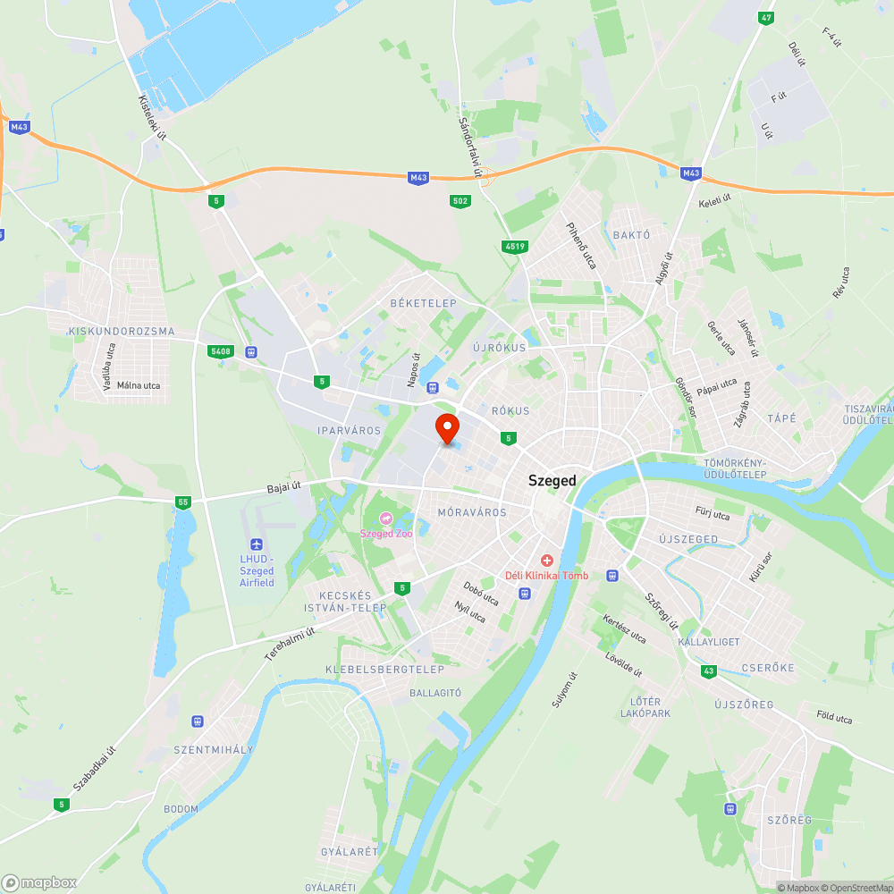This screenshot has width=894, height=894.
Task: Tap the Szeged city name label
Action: point(552,480)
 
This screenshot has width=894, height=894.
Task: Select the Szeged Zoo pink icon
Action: point(386,519)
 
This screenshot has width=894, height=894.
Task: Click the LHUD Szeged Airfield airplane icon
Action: point(257,544)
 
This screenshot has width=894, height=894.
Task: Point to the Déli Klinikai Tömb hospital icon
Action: point(546,560)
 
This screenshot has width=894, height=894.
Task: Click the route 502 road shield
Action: point(460,201)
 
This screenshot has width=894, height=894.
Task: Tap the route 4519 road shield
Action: point(514,246)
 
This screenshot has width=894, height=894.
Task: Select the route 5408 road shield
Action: point(219,351)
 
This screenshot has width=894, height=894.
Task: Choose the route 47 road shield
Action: point(765,18)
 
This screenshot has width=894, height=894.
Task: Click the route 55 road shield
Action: point(183,502)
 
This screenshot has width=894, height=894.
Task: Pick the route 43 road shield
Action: point(709,670)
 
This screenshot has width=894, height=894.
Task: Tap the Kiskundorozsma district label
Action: point(122,332)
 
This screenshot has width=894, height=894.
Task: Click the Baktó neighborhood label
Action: point(631,235)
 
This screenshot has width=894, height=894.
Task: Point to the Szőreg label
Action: point(789,820)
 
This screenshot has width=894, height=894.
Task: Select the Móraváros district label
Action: point(472,512)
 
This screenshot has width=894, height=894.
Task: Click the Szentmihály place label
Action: point(214,749)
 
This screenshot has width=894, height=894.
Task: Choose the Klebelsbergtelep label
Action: point(384,670)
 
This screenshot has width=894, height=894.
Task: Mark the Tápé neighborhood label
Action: point(781,418)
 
